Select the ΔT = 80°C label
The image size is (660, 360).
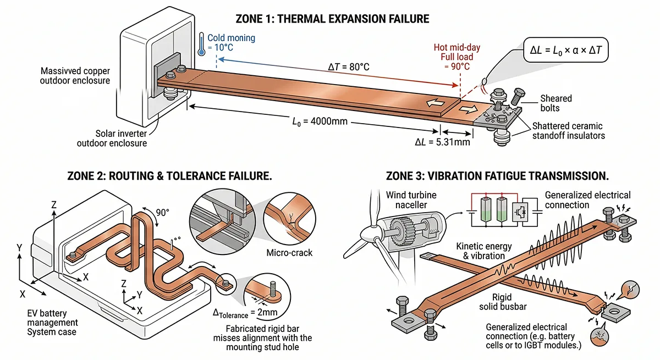click(x=345, y=67)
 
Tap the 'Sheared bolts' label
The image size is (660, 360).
click(x=555, y=103)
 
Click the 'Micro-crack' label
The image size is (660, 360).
click(x=289, y=253)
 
